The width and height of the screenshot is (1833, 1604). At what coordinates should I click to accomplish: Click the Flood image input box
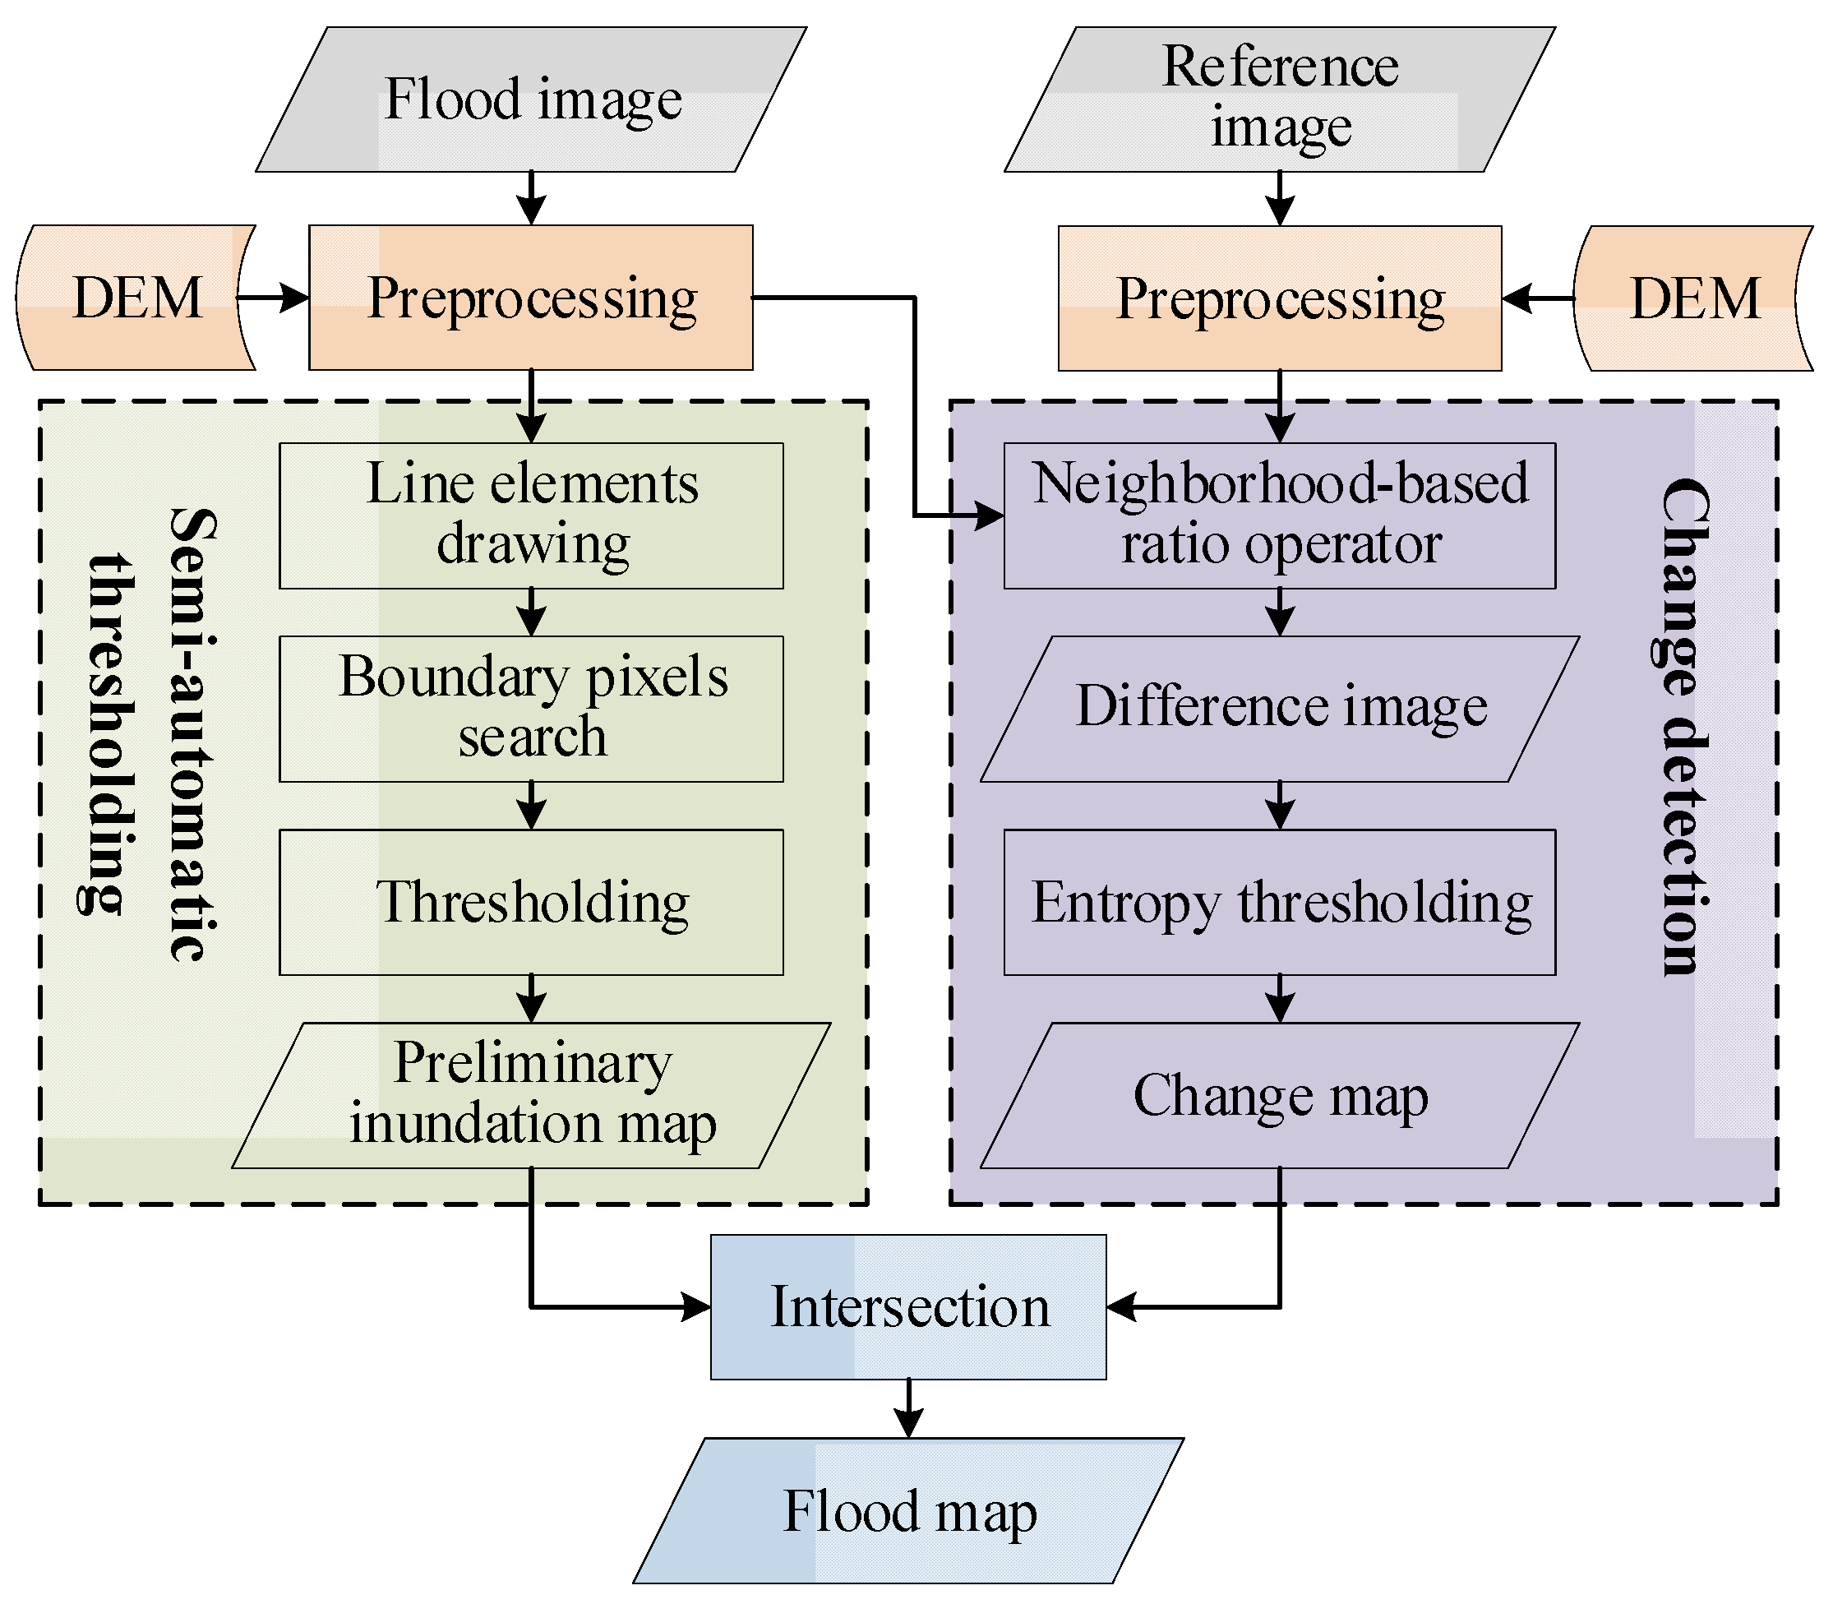point(532,99)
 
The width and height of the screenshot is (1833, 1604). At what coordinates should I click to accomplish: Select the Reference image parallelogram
point(1280,99)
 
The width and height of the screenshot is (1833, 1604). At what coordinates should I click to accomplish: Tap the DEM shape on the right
point(1694,298)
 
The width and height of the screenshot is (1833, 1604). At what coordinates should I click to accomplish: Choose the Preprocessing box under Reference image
point(1280,298)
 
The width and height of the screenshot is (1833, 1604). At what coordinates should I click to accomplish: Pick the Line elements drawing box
point(531,515)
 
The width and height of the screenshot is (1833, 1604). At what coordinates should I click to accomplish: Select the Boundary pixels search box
point(531,709)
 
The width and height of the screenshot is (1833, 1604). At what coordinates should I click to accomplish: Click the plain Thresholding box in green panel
point(531,902)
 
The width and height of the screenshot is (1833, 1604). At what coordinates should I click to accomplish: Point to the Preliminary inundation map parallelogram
point(531,1096)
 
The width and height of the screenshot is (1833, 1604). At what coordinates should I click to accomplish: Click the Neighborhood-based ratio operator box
point(1280,515)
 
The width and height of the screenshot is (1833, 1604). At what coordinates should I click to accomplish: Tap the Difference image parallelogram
point(1280,709)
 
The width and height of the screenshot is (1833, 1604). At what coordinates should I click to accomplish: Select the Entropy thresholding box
point(1280,902)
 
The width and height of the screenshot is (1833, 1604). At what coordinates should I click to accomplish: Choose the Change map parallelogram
point(1280,1096)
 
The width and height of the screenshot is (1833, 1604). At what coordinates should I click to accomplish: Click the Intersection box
point(908,1307)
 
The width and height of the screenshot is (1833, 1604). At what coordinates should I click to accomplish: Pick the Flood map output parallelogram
point(908,1511)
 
